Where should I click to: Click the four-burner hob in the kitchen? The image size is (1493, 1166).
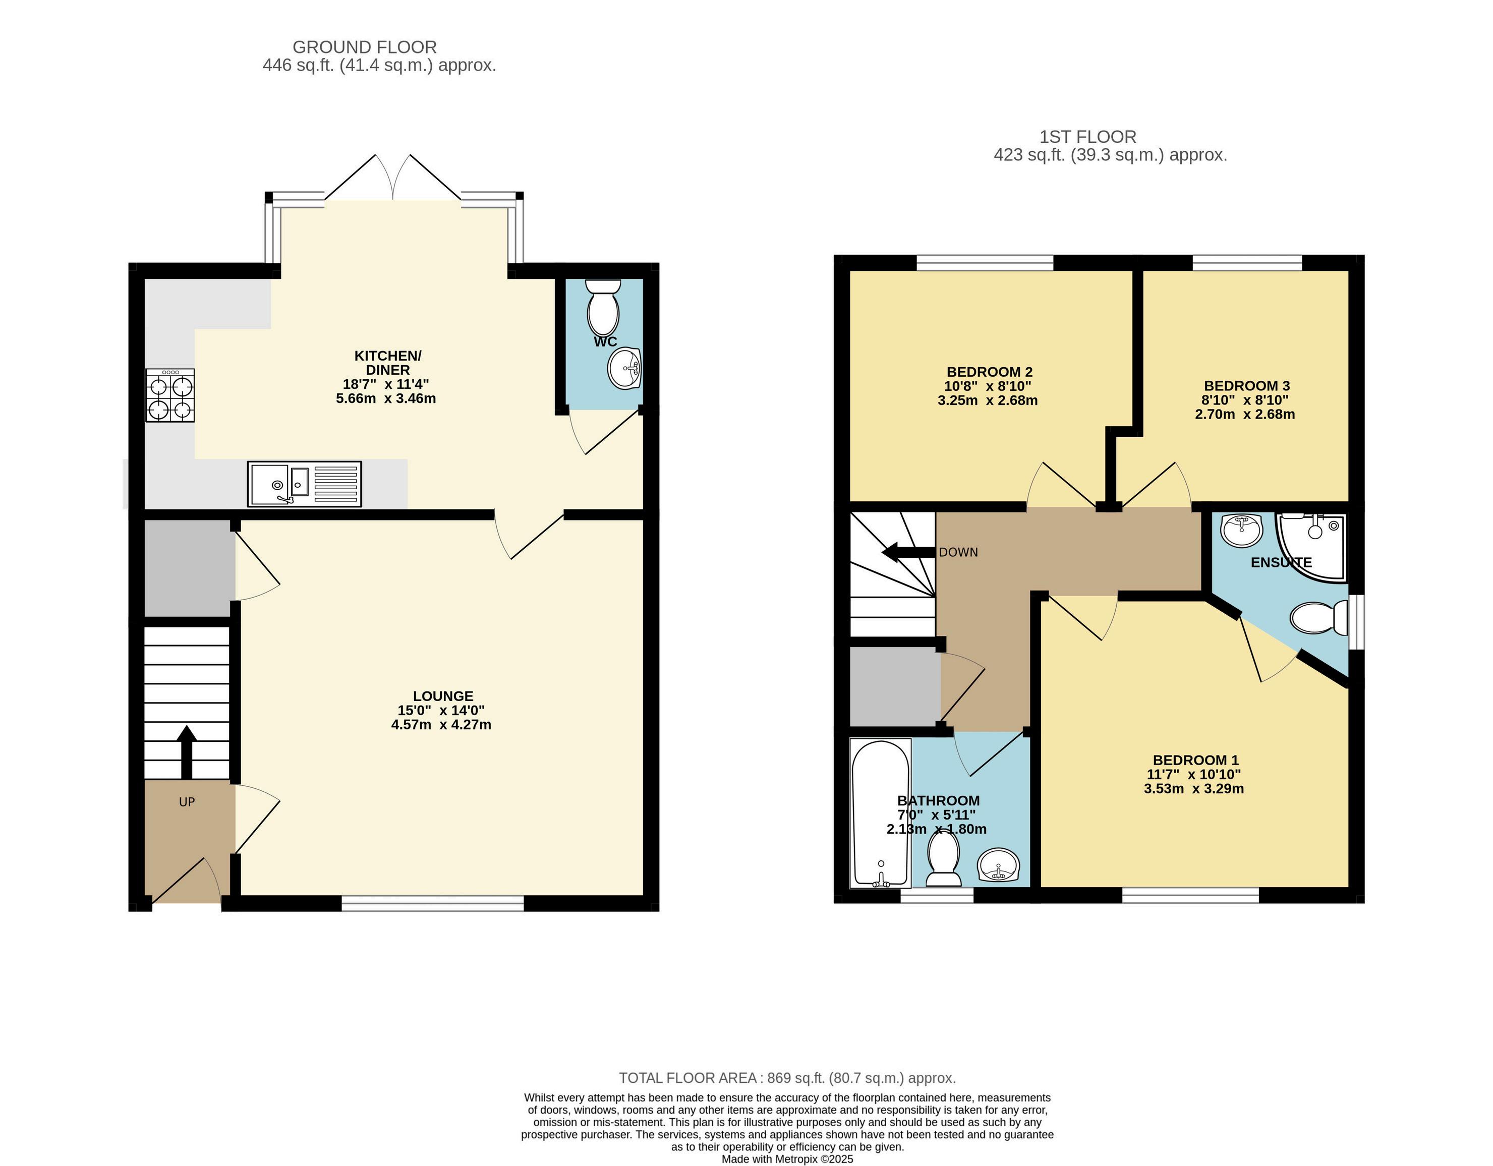pyautogui.click(x=170, y=395)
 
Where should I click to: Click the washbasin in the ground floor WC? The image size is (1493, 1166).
pyautogui.click(x=623, y=368)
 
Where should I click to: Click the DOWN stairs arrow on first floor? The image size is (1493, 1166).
pyautogui.click(x=908, y=552)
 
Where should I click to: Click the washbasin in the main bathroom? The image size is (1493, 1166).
pyautogui.click(x=999, y=866)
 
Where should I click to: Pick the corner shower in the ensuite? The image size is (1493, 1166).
pyautogui.click(x=1311, y=547)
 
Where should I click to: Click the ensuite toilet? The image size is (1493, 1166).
pyautogui.click(x=1318, y=618)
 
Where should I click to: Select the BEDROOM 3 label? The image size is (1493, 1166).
pyautogui.click(x=1246, y=385)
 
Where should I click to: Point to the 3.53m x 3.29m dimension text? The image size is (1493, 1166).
pyautogui.click(x=1193, y=789)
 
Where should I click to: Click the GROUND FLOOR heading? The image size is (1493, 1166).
pyautogui.click(x=364, y=47)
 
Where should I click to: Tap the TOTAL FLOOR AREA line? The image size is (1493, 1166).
pyautogui.click(x=787, y=1078)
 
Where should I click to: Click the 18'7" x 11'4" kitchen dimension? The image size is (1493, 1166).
pyautogui.click(x=386, y=384)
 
